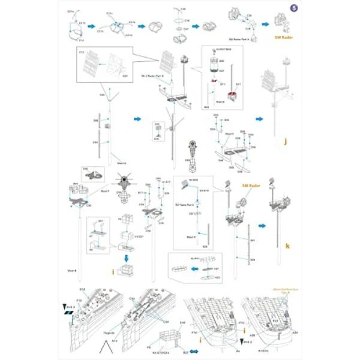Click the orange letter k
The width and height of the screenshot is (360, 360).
tap(288, 245)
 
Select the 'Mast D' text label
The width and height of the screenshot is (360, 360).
tap(191, 237)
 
